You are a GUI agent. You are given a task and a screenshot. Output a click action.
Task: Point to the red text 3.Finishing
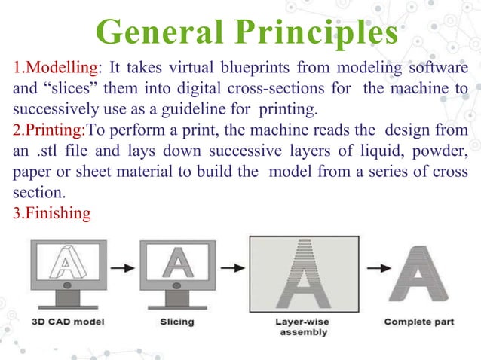tap(52, 213)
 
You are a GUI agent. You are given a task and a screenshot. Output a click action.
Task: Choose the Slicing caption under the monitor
tap(177, 322)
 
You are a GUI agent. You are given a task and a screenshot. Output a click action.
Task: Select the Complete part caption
tap(420, 322)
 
